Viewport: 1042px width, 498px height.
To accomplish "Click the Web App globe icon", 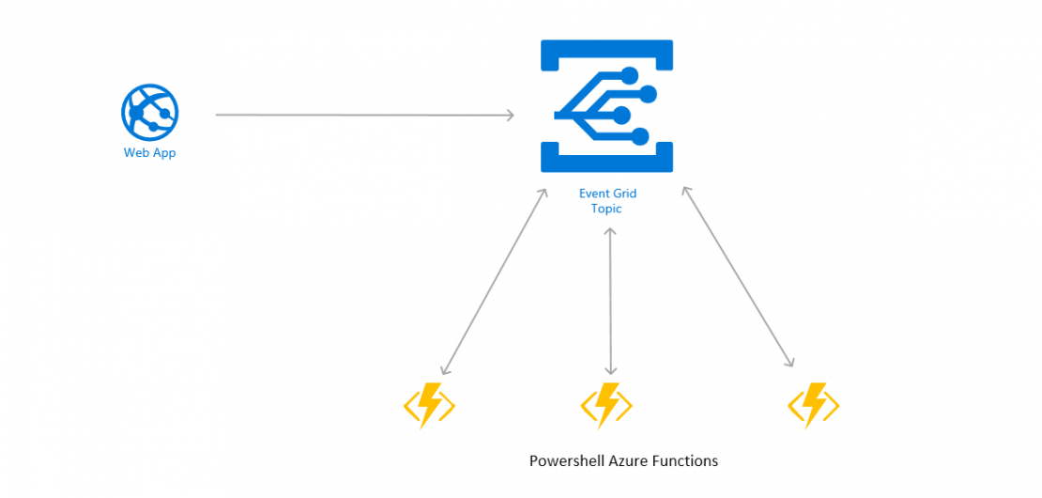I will tap(149, 113).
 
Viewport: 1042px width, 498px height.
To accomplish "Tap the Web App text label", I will tap(149, 153).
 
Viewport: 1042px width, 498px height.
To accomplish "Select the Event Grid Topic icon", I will tap(606, 105).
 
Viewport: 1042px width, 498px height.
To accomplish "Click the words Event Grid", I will tap(606, 194).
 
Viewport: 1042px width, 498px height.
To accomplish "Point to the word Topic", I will tap(606, 209).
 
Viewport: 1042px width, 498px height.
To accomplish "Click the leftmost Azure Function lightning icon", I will tap(429, 406).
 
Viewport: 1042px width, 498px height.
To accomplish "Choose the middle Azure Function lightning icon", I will tap(606, 406).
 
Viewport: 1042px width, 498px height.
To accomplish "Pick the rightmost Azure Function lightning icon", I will tap(813, 406).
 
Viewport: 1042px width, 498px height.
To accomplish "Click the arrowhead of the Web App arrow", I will tap(510, 116).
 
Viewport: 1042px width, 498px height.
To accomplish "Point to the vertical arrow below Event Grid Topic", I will tap(611, 301).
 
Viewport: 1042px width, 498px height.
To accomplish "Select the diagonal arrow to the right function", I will tap(738, 277).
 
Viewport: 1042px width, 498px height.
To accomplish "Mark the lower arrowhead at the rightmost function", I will tap(790, 363).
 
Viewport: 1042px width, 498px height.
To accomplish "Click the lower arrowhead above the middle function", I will tap(611, 371).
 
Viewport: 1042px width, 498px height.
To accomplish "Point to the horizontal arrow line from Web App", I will tap(366, 116).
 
